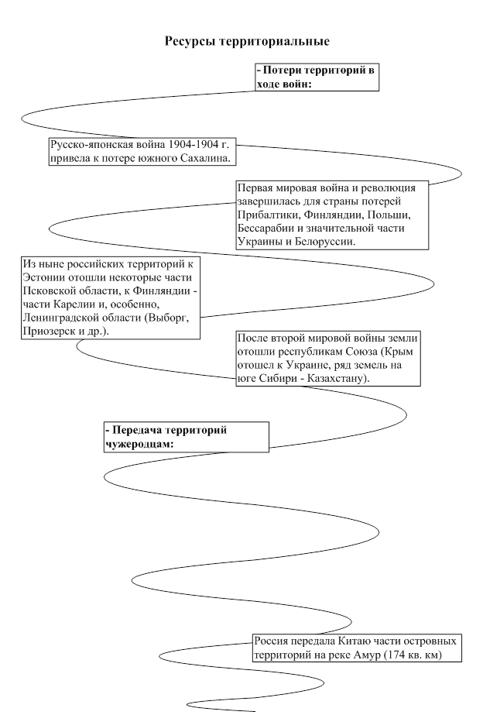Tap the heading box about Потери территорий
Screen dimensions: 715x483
317,77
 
